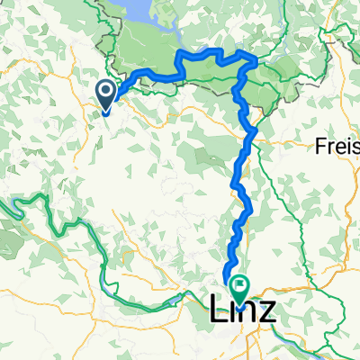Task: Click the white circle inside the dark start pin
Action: [x=105, y=91]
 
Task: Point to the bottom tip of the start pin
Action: [x=105, y=112]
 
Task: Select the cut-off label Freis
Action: [x=337, y=146]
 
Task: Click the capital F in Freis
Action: [x=319, y=146]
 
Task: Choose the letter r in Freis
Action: [x=329, y=148]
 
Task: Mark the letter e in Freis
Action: [x=339, y=148]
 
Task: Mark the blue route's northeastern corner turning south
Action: [x=256, y=60]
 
